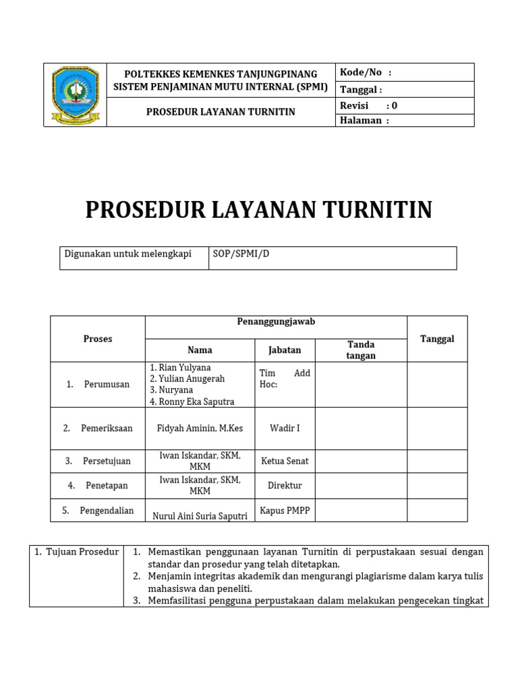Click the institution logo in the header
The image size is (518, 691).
pos(75,95)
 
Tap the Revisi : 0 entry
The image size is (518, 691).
pos(369,105)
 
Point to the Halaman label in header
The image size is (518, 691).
pos(364,120)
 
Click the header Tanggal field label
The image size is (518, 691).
pos(361,89)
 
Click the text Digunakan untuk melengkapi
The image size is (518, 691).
pos(127,254)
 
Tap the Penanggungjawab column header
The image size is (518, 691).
pos(276,322)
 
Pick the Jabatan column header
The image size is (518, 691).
pos(285,350)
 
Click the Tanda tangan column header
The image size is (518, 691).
pos(361,350)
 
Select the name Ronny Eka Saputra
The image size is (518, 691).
pos(192,402)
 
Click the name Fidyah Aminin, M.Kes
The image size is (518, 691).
pos(200,428)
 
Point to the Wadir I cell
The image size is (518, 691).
pos(285,428)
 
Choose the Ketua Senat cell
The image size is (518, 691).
pos(284,461)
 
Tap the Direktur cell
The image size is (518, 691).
pos(285,485)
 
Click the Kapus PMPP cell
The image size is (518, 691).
pos(285,511)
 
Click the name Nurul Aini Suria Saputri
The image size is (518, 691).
pos(200,516)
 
